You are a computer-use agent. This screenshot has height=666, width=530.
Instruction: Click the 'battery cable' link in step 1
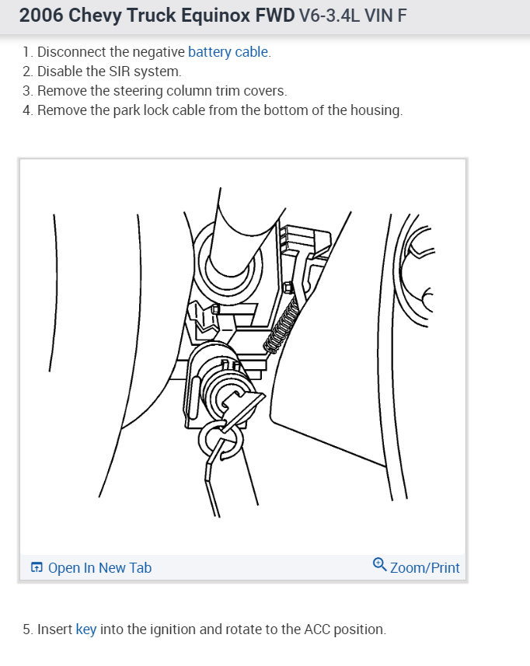(228, 52)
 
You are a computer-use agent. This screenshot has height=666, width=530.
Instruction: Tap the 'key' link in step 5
(85, 629)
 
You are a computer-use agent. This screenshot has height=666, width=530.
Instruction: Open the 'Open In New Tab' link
(99, 568)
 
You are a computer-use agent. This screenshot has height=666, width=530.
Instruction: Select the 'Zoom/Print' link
(424, 568)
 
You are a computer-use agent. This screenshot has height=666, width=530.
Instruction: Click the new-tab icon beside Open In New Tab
(37, 568)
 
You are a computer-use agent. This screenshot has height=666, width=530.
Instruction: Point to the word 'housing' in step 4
(377, 110)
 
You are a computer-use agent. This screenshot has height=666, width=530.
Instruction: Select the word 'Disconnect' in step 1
(71, 52)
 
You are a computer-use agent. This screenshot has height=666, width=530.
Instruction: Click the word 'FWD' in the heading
(274, 15)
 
